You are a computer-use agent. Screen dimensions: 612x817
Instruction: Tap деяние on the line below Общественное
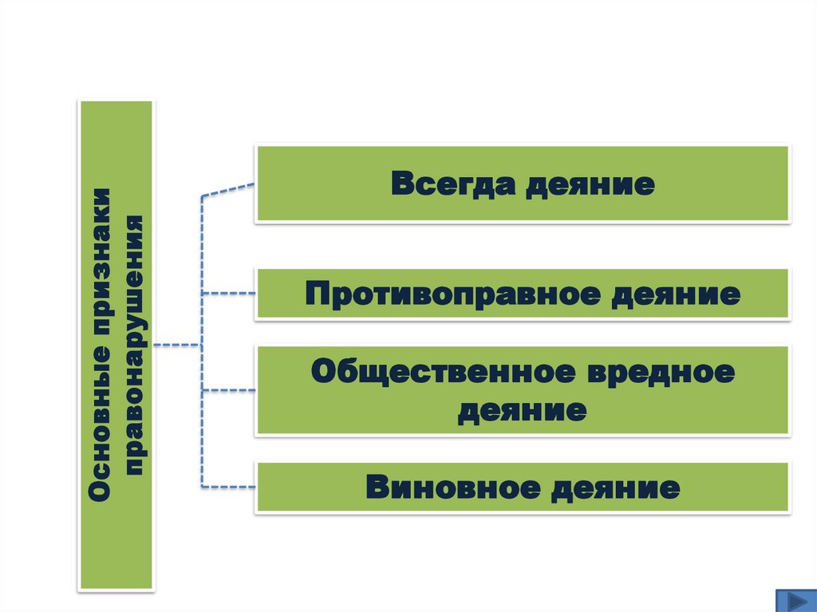coord(522,411)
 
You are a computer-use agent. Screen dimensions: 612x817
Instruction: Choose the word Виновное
coord(451,487)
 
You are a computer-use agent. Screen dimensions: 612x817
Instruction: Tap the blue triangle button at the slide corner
coord(795,600)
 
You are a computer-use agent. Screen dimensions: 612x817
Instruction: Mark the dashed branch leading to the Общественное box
coord(229,391)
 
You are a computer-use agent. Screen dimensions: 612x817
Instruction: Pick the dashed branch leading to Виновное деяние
coord(229,487)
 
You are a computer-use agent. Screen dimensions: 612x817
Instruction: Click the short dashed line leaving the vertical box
coord(177,345)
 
